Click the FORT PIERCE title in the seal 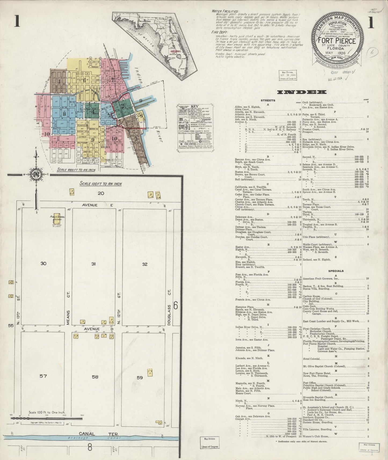click(337, 41)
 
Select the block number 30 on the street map click(43, 264)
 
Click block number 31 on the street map click(93, 264)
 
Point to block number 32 click(145, 264)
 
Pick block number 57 click(43, 376)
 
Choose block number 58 click(95, 377)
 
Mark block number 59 click(140, 378)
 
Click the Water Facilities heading click(225, 12)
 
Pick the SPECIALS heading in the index click(336, 271)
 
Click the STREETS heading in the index click(268, 100)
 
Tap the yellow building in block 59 click(150, 373)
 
